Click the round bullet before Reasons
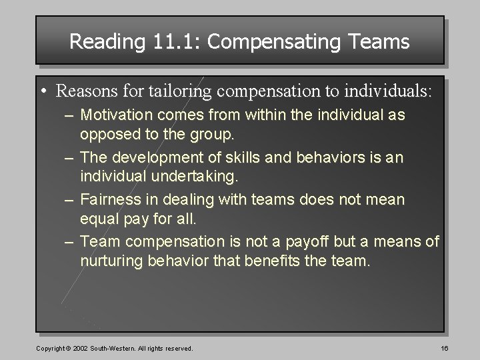pyautogui.click(x=44, y=89)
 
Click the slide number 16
pyautogui.click(x=444, y=348)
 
